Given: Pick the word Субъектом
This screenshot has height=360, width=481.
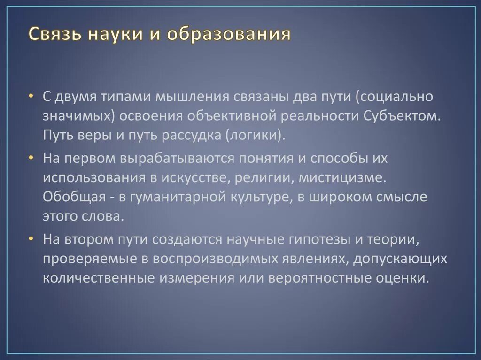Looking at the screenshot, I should pyautogui.click(x=403, y=116).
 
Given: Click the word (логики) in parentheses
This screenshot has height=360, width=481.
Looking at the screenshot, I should pyautogui.click(x=255, y=136).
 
